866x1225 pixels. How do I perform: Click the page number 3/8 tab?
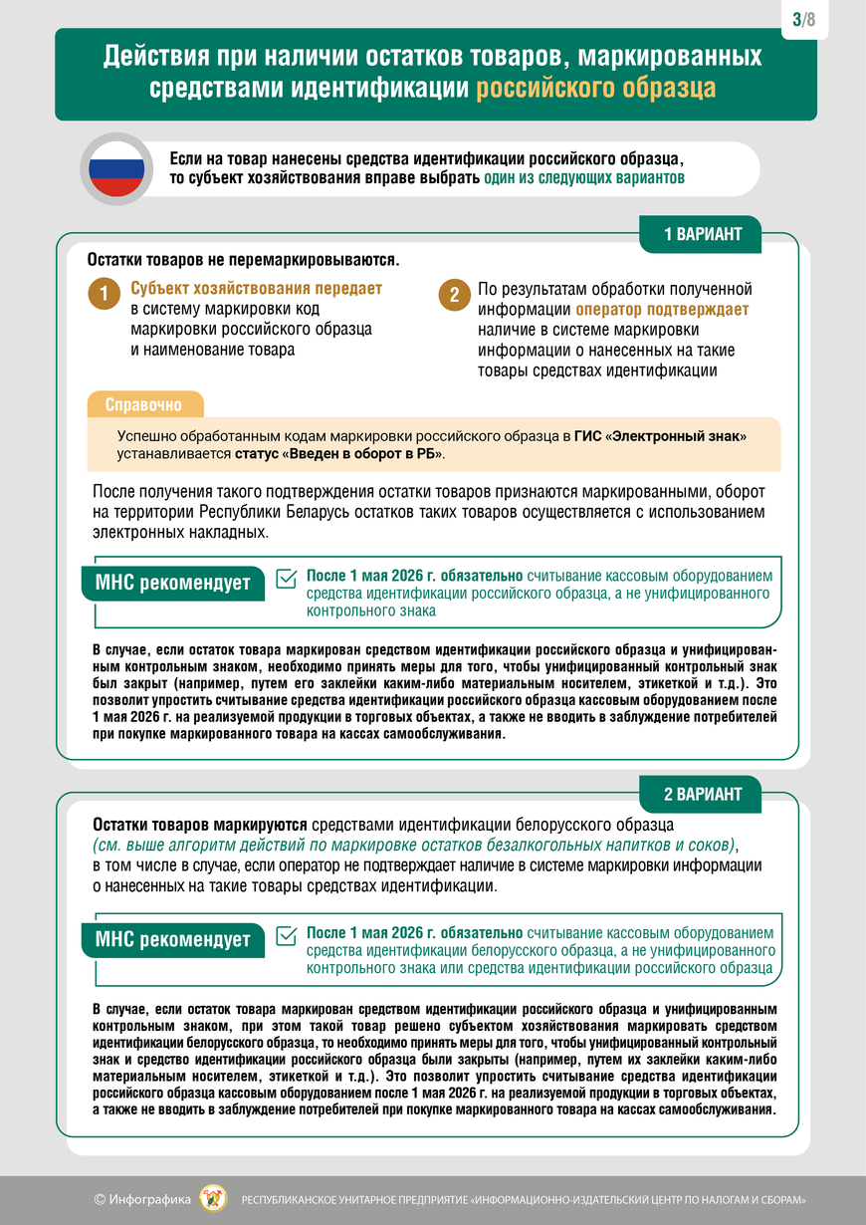(804, 19)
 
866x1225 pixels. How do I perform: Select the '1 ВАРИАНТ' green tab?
(703, 235)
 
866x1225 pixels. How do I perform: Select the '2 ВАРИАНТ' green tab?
(703, 794)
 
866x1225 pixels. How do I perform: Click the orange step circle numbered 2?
(453, 295)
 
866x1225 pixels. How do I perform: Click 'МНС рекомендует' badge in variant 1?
(172, 583)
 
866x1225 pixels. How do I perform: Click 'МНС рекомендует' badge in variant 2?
(172, 939)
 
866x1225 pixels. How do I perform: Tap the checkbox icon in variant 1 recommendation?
(286, 579)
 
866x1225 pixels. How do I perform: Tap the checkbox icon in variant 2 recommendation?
(286, 935)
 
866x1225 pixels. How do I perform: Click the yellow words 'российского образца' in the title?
(595, 88)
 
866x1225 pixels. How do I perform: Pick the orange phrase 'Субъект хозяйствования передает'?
(256, 288)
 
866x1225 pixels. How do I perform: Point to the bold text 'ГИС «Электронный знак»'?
(660, 436)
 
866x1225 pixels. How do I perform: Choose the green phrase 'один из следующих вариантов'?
(584, 178)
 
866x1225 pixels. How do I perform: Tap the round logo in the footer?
(214, 1198)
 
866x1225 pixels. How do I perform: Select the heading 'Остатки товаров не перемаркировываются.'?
(243, 260)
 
